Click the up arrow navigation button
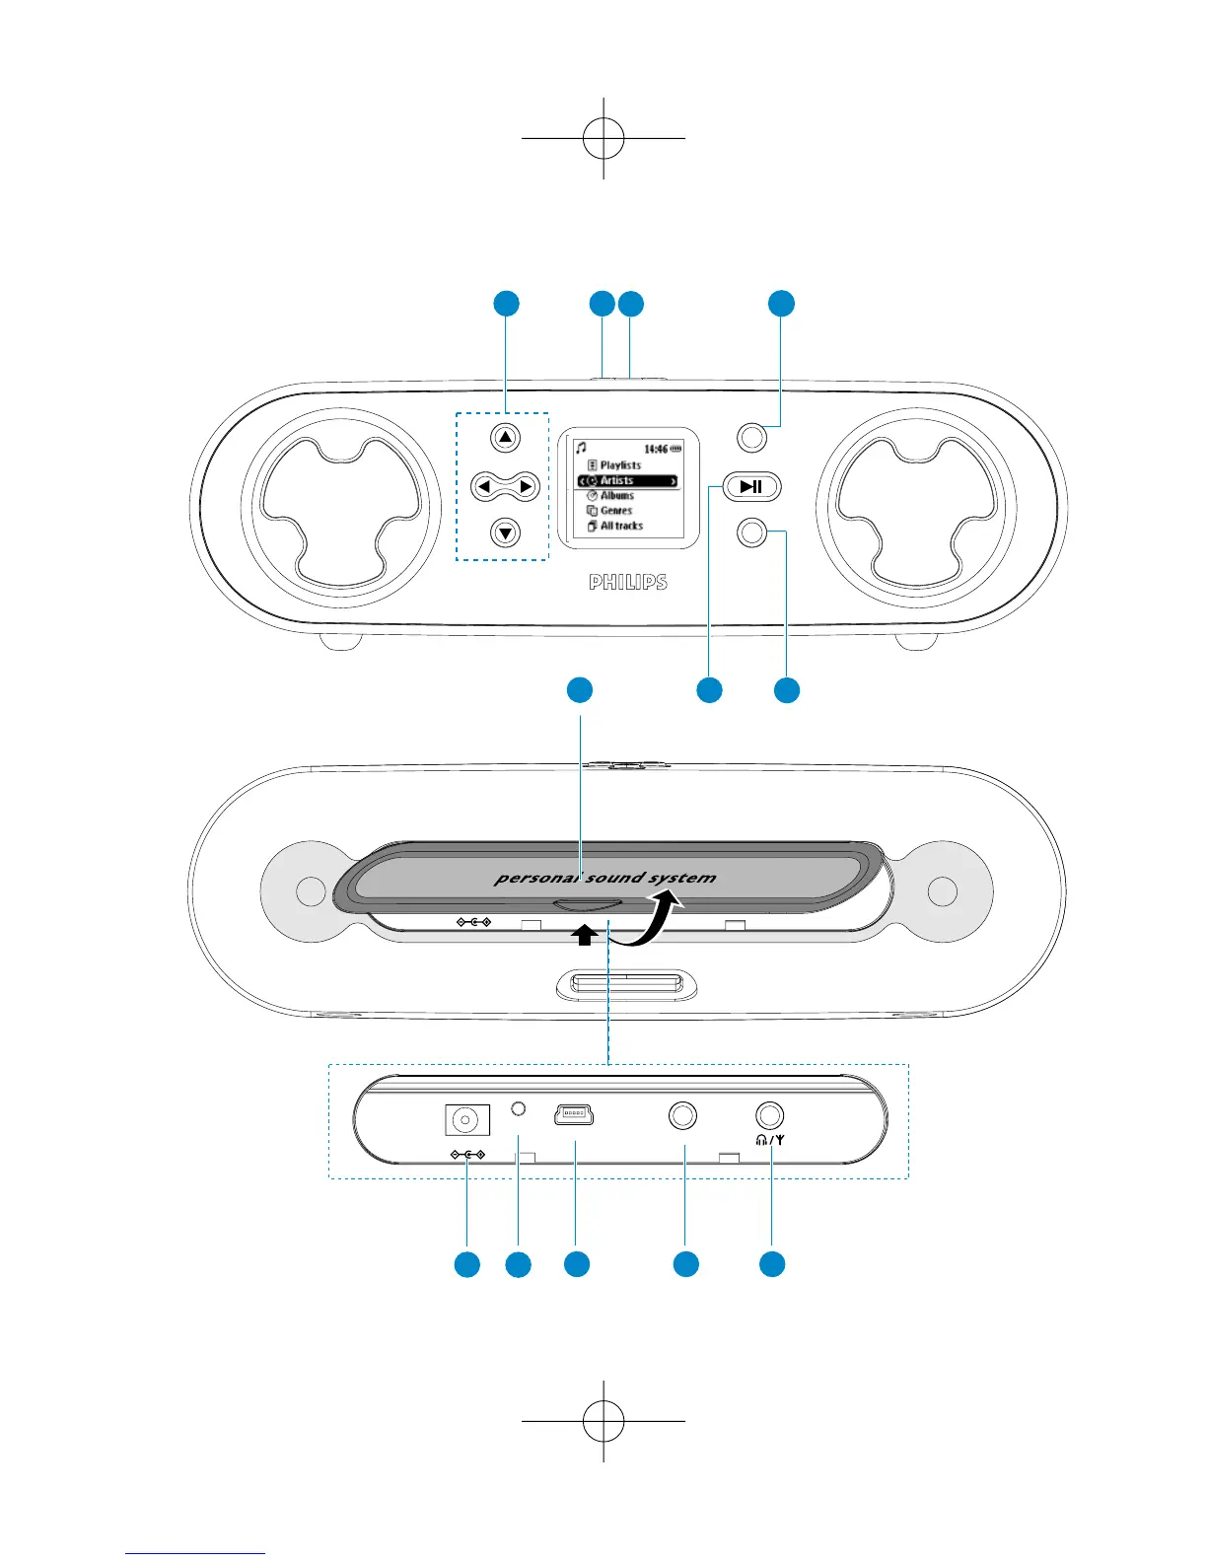505,438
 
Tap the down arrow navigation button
505,533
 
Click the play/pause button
751,486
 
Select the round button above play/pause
752,437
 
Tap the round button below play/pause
752,533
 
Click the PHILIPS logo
628,583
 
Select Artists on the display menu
617,480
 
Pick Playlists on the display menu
620,464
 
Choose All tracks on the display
621,526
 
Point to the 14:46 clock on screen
656,449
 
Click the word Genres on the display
616,511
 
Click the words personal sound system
605,877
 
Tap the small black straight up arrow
585,935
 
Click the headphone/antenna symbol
770,1139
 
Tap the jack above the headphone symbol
770,1115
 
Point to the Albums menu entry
617,495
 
